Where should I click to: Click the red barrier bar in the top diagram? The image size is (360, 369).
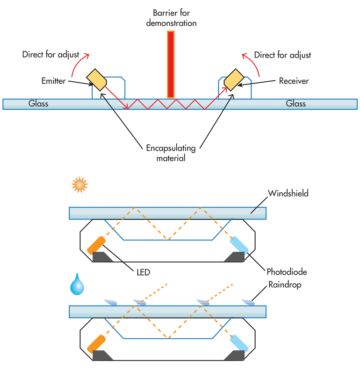click(x=171, y=64)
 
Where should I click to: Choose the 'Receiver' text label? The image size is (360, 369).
click(x=294, y=81)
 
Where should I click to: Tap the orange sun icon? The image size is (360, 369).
click(x=79, y=185)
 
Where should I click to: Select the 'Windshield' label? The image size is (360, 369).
click(x=288, y=193)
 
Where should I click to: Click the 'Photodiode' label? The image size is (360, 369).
click(x=286, y=271)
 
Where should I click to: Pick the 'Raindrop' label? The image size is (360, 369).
click(x=284, y=284)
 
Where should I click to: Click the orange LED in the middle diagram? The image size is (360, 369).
click(x=97, y=245)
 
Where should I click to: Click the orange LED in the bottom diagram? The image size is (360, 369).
click(x=96, y=343)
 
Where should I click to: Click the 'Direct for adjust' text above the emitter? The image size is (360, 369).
click(x=51, y=55)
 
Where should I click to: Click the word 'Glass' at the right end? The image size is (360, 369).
click(x=295, y=104)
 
